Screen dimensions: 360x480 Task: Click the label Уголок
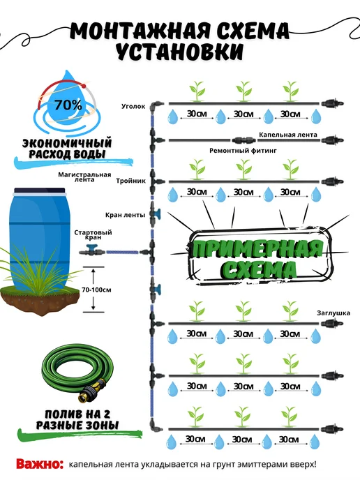coord(133,107)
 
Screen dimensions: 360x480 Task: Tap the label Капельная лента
coord(288,135)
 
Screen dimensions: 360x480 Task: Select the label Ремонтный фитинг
coord(243,151)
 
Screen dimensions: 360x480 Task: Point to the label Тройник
coord(130,181)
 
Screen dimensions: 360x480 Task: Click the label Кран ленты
coord(125,215)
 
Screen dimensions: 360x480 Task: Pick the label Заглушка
coord(333,313)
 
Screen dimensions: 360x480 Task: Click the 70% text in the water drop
coord(68,105)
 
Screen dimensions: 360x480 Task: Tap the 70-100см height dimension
coord(96,290)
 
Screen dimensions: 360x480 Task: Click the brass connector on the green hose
coord(91,391)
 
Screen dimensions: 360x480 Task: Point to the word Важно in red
coord(40,464)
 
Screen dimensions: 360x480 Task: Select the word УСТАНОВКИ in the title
coord(180,51)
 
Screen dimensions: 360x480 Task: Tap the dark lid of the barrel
coord(40,190)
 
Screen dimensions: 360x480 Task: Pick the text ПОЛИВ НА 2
coord(77,414)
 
